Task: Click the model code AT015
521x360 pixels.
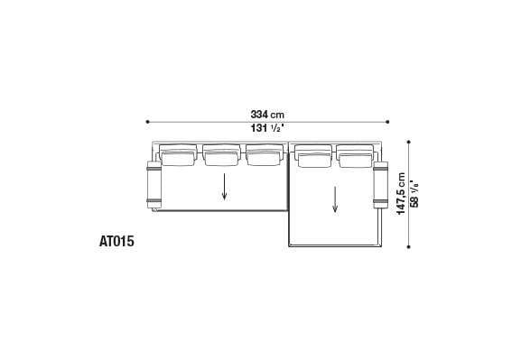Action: pyautogui.click(x=116, y=241)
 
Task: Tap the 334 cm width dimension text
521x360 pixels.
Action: pyautogui.click(x=267, y=115)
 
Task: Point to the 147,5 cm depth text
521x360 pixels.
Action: pyautogui.click(x=401, y=194)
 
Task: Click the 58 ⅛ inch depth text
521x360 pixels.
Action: pyautogui.click(x=414, y=194)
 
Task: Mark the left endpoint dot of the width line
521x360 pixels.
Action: pyautogui.click(x=147, y=122)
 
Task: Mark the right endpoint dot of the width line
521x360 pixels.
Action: pyautogui.click(x=387, y=122)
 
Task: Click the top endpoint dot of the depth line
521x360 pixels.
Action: pyautogui.click(x=408, y=142)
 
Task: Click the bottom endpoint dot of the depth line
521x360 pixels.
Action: pyautogui.click(x=408, y=246)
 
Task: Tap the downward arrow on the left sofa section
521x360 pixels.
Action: pyautogui.click(x=225, y=187)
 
